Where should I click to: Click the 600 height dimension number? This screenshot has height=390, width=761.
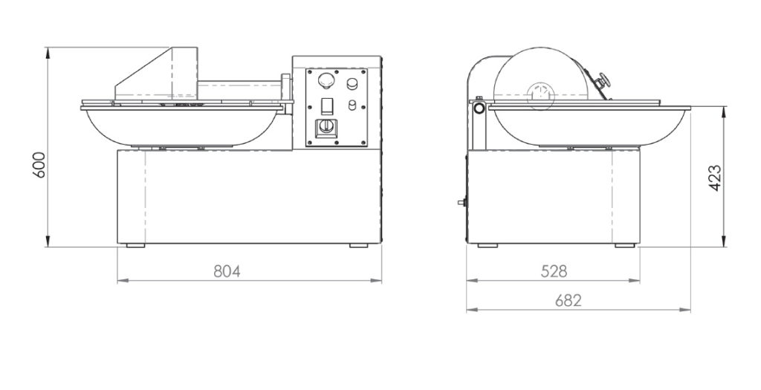(39, 165)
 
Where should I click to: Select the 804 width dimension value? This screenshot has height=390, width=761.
(227, 271)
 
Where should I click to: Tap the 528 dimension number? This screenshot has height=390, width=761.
(554, 271)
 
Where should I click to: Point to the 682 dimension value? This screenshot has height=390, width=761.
(568, 301)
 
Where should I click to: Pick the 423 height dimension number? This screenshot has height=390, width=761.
(715, 178)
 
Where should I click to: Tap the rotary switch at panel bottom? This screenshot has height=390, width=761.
(326, 128)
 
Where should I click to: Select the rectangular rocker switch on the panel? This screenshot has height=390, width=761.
(327, 106)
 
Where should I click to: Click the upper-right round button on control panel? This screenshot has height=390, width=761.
(352, 83)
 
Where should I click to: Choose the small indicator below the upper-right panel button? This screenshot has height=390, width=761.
(353, 105)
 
